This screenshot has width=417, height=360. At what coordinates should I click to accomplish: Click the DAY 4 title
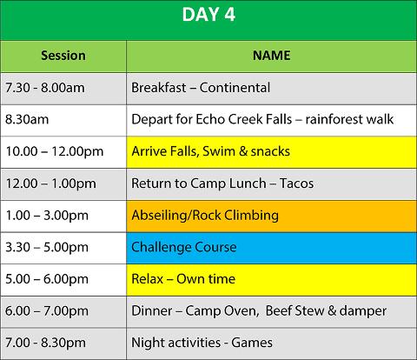[x=208, y=15]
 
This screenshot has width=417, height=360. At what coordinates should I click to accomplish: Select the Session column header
[x=63, y=56]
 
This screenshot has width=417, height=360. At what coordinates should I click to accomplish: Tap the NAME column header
[x=271, y=56]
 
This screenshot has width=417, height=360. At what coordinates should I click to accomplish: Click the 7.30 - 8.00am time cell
[x=63, y=89]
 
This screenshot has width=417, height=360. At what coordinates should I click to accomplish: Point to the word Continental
[x=235, y=88]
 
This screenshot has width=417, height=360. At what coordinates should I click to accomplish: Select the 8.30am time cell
[x=63, y=120]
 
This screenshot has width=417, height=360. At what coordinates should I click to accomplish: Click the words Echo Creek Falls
[x=244, y=119]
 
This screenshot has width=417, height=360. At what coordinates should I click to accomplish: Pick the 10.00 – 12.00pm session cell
[x=63, y=152]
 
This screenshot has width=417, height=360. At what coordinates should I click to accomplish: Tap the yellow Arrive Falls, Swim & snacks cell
[x=271, y=152]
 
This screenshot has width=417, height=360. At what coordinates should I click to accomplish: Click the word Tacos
[x=296, y=183]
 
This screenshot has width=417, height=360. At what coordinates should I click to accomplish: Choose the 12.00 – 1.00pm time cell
[x=63, y=184]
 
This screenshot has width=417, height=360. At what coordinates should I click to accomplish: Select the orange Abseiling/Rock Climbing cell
[x=271, y=217]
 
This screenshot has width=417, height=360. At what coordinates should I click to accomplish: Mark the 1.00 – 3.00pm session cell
[x=63, y=217]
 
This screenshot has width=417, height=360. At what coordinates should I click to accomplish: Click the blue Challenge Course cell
[x=271, y=248]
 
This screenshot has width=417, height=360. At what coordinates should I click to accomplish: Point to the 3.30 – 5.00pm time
[x=47, y=247]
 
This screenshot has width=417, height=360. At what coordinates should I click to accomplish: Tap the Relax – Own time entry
[x=183, y=279]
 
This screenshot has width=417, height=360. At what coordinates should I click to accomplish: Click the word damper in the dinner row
[x=363, y=311]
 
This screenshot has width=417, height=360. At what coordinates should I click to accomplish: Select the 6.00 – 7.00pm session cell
[x=63, y=312]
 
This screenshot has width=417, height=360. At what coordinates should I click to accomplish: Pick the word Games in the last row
[x=252, y=343]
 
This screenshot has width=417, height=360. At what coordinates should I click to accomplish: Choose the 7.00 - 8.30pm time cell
[x=63, y=343]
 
